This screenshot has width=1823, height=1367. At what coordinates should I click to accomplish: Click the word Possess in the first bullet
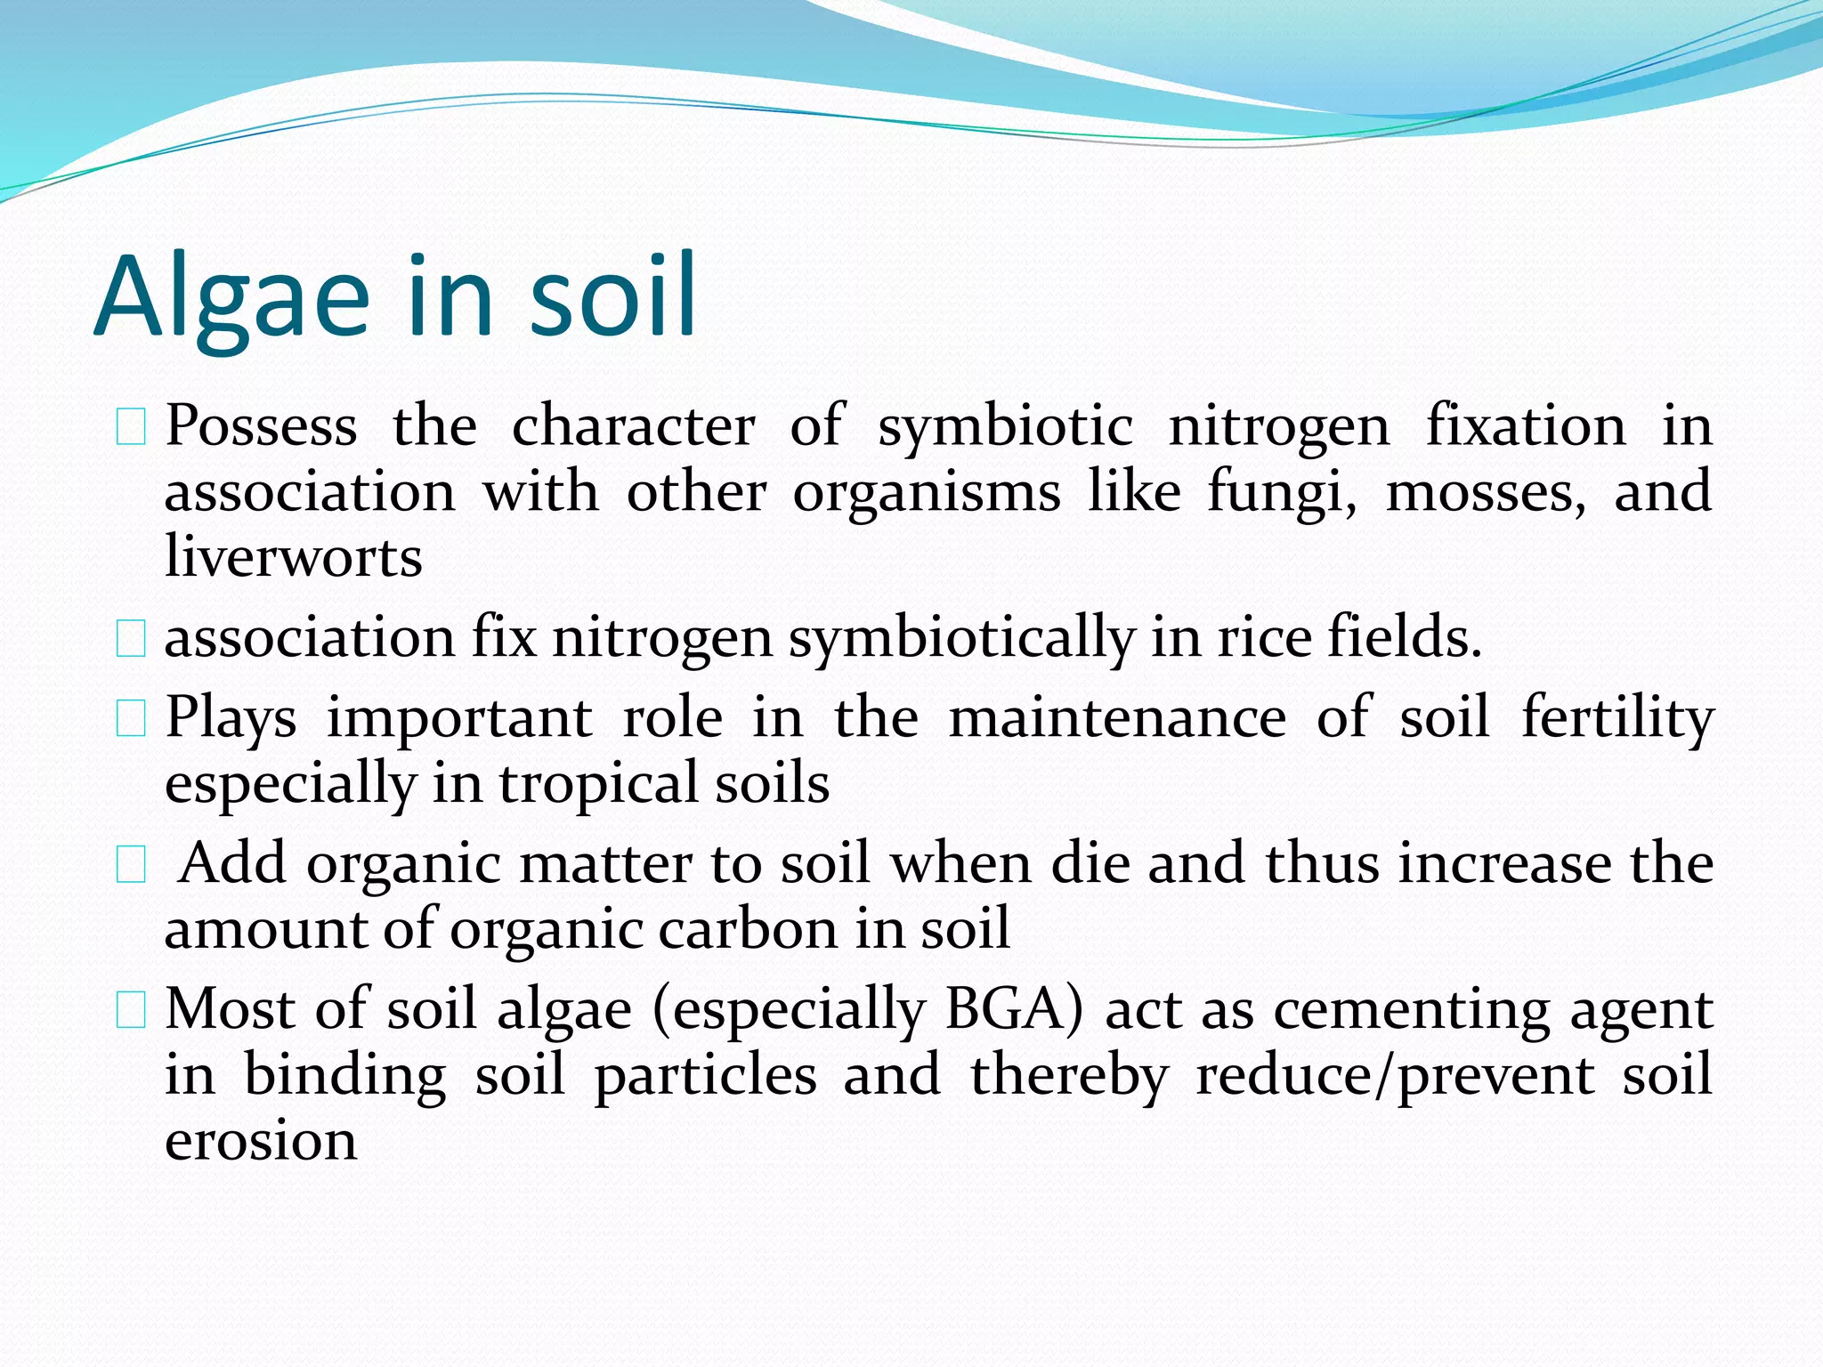tap(261, 425)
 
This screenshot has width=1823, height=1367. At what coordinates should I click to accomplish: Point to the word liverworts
tap(294, 557)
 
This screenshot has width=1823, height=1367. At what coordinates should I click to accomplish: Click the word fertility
tap(1616, 717)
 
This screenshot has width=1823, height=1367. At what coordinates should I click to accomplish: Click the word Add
tap(232, 862)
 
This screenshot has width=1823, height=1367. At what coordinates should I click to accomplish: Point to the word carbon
tap(749, 928)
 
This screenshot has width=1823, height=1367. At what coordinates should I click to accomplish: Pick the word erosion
tap(261, 1140)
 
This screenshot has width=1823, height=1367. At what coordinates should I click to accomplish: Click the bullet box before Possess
tap(131, 426)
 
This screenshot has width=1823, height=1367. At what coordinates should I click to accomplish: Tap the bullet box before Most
tap(131, 1010)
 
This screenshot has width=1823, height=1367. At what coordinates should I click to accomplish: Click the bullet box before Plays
tap(131, 718)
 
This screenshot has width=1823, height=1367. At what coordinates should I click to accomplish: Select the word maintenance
tap(1117, 717)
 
